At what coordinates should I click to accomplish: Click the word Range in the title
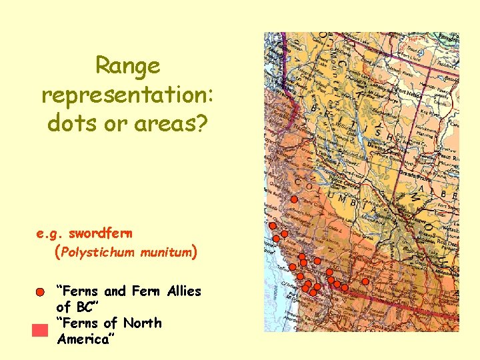(127, 65)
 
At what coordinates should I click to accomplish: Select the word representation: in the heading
(127, 94)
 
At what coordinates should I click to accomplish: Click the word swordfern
(100, 234)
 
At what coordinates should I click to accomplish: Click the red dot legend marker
(41, 292)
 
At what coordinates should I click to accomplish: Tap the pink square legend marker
(41, 330)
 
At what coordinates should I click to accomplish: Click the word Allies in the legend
(184, 291)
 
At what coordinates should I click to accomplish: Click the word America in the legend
(84, 339)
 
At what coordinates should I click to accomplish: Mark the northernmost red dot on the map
(293, 199)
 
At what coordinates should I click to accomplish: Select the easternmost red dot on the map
(365, 281)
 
